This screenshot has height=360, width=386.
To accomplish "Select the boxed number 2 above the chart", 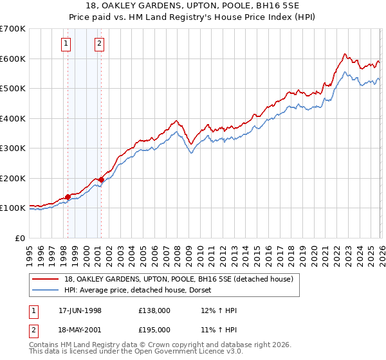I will pos(100,44).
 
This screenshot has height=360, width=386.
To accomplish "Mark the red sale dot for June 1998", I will pos(68,197).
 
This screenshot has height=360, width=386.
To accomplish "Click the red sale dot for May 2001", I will pos(101,179).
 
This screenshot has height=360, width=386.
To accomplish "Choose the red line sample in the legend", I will pos(46,279).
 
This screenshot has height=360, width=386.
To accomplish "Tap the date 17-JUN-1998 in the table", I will pos(80,310).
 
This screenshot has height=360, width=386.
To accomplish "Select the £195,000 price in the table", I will pos(154,330).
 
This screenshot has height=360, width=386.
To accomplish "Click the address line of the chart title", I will pos(193,6).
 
